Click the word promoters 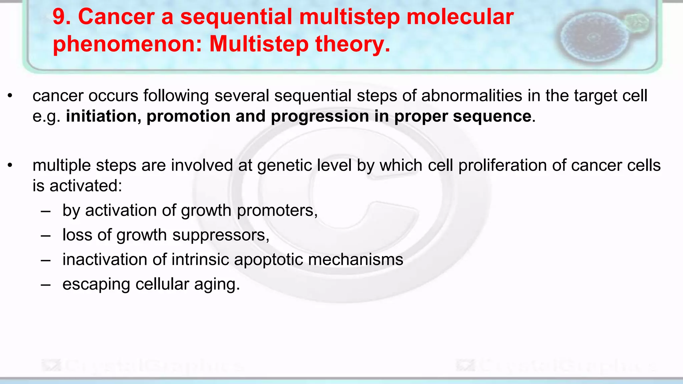point(276,211)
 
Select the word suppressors point(220,235)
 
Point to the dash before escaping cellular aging point(46,285)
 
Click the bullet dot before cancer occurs point(10,96)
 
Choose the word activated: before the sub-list point(86,186)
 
